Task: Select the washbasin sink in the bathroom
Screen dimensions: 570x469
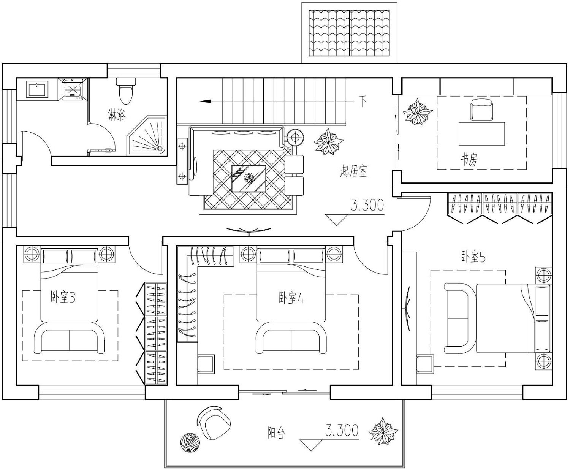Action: click(x=37, y=89)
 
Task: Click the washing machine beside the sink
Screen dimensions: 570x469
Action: click(x=73, y=89)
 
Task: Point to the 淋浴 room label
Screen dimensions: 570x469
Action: click(x=117, y=115)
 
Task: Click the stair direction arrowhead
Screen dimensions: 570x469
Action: click(x=205, y=101)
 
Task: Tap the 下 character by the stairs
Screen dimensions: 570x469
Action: click(x=362, y=101)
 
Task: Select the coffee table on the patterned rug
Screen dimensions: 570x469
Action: click(x=249, y=179)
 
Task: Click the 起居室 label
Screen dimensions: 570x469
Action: click(x=353, y=171)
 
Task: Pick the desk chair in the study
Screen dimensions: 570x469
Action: click(x=481, y=109)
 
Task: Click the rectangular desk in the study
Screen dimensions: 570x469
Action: click(x=481, y=134)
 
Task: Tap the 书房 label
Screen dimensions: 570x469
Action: click(x=469, y=159)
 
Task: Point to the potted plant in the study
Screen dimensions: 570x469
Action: click(x=417, y=112)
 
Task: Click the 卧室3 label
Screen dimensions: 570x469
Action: click(x=63, y=297)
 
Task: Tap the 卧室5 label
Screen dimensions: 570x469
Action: click(x=473, y=257)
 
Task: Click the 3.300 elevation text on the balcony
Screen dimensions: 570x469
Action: click(x=342, y=430)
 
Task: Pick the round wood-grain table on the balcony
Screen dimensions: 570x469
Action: click(x=190, y=443)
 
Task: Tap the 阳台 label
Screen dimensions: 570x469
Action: click(x=276, y=433)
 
